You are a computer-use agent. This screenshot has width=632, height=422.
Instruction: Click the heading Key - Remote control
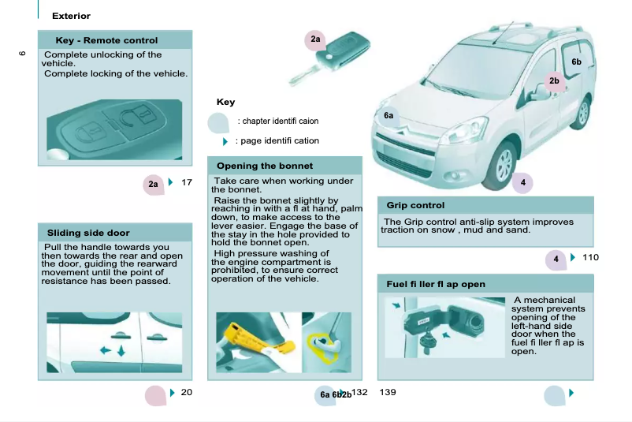106,40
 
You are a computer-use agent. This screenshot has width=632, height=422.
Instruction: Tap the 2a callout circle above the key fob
315,39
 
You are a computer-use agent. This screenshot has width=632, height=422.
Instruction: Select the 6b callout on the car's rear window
576,62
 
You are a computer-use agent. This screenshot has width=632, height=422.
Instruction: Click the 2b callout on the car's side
554,80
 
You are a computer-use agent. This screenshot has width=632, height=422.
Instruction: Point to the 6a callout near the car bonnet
388,116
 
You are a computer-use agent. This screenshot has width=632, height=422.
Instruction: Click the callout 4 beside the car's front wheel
522,183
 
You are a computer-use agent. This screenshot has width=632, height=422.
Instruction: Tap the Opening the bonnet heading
265,166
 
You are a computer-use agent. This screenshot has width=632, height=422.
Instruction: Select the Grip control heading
415,205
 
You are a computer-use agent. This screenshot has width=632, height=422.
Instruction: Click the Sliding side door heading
88,233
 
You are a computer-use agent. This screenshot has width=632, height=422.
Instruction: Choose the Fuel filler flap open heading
436,284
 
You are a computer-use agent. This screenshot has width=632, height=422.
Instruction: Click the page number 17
187,183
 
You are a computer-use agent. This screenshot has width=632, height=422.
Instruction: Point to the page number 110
590,257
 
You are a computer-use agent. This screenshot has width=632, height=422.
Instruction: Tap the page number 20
187,392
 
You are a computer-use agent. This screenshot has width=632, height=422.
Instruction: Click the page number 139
388,392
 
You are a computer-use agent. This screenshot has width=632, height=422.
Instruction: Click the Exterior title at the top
71,16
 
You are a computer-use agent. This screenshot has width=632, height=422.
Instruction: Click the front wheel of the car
503,161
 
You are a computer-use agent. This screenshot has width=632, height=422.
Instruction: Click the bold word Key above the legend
225,102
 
